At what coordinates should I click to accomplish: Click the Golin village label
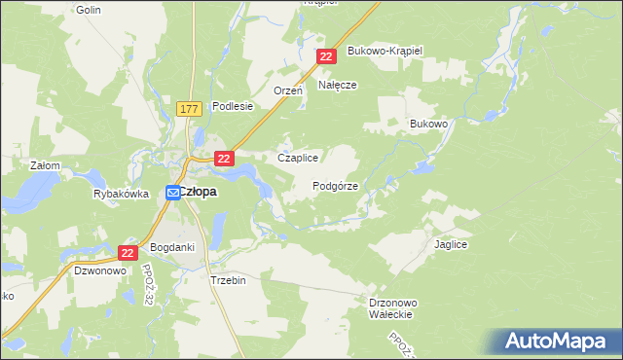89,9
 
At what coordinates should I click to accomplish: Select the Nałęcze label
337,85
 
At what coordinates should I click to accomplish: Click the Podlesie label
233,107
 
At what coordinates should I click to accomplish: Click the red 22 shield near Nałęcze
326,58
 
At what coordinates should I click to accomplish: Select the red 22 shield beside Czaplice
224,158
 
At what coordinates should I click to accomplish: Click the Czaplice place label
299,158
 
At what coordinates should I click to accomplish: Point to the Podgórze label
336,185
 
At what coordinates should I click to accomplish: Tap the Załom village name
46,165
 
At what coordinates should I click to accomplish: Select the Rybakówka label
121,194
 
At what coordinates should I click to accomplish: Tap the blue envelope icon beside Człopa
172,194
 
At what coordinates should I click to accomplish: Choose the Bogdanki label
172,247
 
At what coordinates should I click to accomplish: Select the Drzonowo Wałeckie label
393,308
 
